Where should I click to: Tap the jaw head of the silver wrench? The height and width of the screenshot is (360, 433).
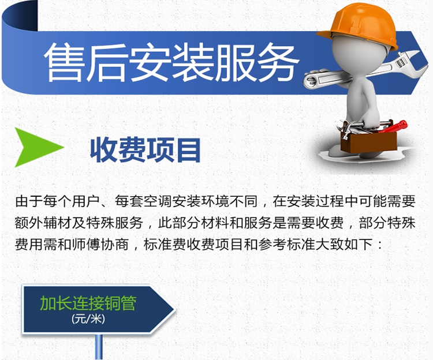click(x=409, y=64)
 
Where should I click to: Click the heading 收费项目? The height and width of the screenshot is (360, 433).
click(x=145, y=150)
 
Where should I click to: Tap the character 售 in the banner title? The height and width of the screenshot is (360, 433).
click(x=65, y=62)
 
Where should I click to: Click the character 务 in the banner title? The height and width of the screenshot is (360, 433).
click(x=278, y=62)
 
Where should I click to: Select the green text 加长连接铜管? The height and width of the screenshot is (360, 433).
click(x=88, y=303)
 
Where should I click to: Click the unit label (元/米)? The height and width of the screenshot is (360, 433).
click(x=88, y=320)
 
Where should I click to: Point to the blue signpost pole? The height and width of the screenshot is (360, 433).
click(x=99, y=347)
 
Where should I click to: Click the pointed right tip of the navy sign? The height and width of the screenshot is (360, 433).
click(x=175, y=309)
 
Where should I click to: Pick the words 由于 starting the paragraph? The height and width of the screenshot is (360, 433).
click(x=29, y=201)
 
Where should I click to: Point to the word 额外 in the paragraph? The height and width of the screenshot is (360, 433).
click(x=29, y=223)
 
